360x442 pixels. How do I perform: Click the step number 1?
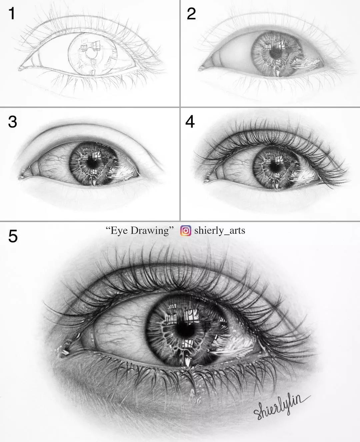pyautogui.click(x=12, y=14)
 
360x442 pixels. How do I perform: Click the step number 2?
pyautogui.click(x=191, y=14)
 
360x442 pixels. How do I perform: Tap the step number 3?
pyautogui.click(x=12, y=122)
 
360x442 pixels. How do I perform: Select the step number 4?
pyautogui.click(x=190, y=122)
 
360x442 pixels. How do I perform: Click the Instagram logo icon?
pyautogui.click(x=186, y=230)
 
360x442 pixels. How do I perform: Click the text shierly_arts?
pyautogui.click(x=220, y=230)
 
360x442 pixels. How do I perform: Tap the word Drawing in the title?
pyautogui.click(x=152, y=230)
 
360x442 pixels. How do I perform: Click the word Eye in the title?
pyautogui.click(x=119, y=231)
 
